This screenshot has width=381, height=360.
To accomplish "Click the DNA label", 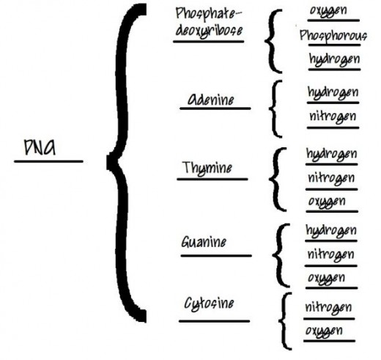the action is [x=40, y=147].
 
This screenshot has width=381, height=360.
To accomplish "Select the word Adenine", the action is [x=210, y=99].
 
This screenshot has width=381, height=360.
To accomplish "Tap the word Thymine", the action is [x=207, y=168].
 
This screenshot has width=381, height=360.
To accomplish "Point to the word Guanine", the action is [x=204, y=242].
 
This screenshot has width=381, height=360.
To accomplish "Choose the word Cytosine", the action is [x=209, y=304].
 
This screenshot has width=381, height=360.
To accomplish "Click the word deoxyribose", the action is [x=210, y=32].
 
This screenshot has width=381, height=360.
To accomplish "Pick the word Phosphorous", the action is [x=333, y=36].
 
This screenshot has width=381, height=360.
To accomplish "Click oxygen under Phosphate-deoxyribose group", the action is [x=328, y=11].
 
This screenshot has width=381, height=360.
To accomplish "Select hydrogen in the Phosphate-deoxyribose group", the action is [x=334, y=59].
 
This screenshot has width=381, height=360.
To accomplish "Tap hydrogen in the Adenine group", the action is [x=333, y=92].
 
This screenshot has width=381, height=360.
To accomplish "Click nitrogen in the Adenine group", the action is [x=333, y=117].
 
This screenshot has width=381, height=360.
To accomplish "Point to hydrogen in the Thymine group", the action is [x=331, y=154].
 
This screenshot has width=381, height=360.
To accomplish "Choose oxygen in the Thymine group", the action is [x=327, y=202].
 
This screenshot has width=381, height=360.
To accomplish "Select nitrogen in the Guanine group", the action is [x=330, y=255].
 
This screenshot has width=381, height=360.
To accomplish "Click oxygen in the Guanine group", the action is [x=327, y=279].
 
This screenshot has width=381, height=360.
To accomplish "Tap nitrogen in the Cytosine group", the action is [x=329, y=308].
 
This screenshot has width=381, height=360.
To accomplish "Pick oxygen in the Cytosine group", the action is [x=324, y=331].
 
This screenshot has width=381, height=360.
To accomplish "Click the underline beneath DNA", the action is [x=48, y=161].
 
